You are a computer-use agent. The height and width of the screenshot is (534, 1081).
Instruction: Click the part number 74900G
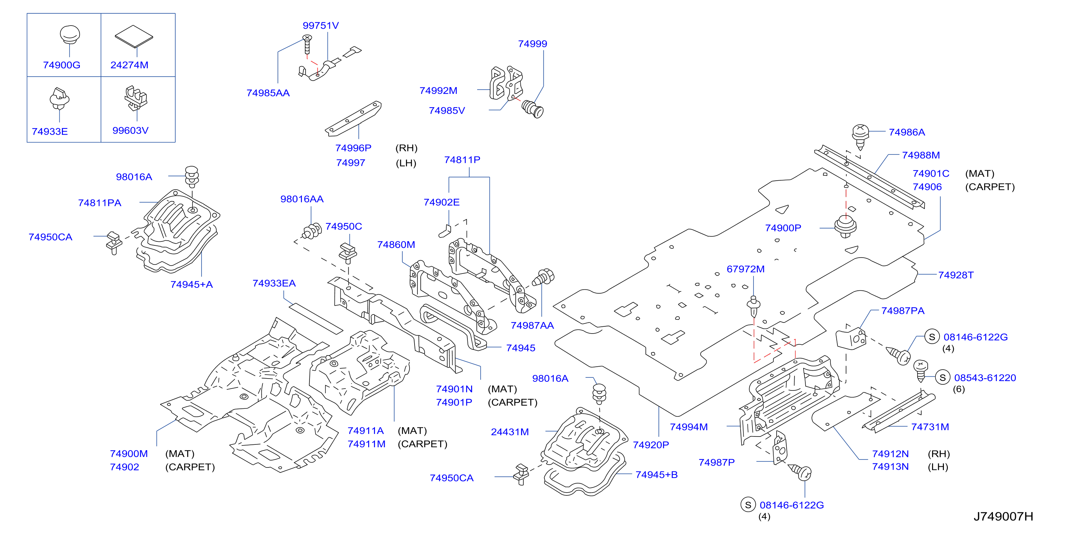(x=62, y=65)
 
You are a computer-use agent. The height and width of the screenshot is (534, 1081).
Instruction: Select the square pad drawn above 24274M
(x=134, y=36)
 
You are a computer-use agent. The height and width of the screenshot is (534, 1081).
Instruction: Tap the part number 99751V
(x=321, y=26)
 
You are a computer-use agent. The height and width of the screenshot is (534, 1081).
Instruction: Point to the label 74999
(x=533, y=44)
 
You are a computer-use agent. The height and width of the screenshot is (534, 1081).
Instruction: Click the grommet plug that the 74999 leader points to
(x=533, y=109)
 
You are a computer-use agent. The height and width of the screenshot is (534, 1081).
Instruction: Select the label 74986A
(x=907, y=132)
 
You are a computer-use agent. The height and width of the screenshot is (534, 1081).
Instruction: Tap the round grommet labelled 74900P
(x=845, y=227)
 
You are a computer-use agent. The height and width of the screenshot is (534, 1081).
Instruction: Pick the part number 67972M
(x=745, y=269)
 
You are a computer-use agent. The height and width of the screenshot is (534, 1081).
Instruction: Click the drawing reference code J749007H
(x=1003, y=516)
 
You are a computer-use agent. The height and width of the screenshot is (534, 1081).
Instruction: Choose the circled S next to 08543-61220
(x=942, y=377)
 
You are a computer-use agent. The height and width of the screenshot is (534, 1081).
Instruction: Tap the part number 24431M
(x=510, y=432)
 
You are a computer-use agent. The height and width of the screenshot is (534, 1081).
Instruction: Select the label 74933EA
(x=274, y=283)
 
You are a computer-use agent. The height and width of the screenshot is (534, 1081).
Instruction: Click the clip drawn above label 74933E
(x=59, y=99)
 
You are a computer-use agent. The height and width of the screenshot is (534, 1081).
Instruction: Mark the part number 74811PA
(x=99, y=203)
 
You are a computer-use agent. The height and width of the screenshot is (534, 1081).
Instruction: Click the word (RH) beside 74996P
(x=406, y=148)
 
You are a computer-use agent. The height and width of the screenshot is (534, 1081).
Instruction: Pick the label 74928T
(x=956, y=275)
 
